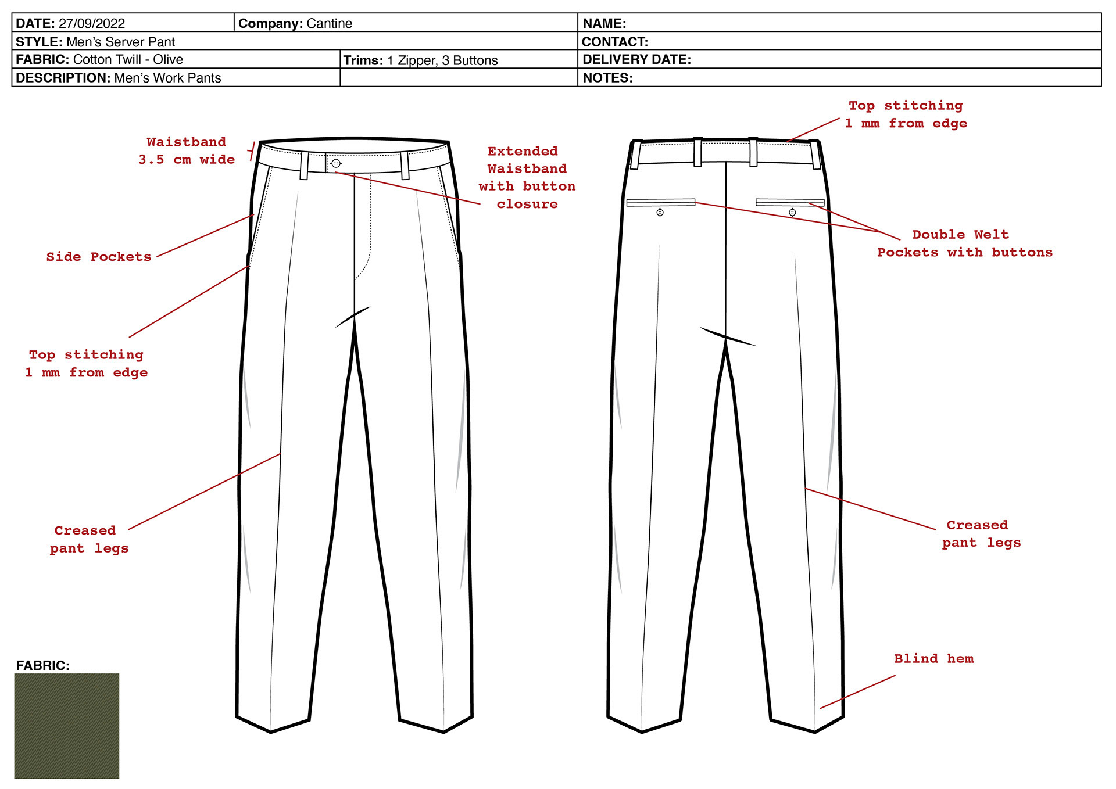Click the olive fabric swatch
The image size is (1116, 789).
point(67,726)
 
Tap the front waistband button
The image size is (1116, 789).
point(336,163)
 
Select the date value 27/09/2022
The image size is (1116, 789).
point(92,24)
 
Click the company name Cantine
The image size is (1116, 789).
point(329,24)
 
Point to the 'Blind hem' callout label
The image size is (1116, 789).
point(933,659)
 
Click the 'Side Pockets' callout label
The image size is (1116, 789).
point(99,257)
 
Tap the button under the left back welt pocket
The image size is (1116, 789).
point(660,213)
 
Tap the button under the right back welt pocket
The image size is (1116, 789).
point(792,213)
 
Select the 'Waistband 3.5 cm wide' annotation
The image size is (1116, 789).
point(187,151)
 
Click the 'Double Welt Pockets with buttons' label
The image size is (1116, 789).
point(964,243)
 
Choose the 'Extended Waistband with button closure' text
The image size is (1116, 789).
point(527,178)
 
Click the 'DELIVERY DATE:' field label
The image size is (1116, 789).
point(636,60)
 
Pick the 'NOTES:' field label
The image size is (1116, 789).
point(607,78)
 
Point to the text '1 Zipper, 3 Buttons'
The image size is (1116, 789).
point(442,60)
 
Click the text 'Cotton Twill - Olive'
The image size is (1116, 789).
point(128,60)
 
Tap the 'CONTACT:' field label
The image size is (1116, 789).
point(615,42)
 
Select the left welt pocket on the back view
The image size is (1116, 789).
point(661,202)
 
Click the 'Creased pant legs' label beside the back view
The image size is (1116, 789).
point(981,534)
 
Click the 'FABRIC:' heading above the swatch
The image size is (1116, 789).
point(42,666)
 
